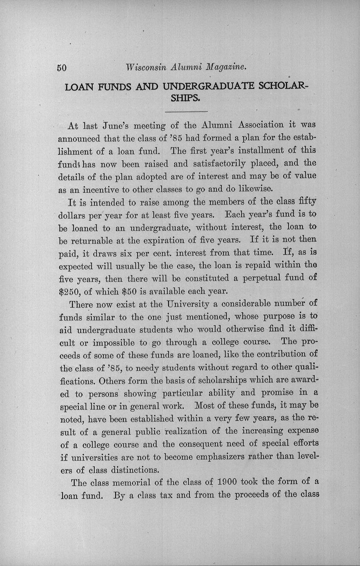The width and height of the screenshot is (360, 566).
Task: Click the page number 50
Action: coord(62,68)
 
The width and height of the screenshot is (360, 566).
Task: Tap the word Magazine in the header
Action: coord(226,67)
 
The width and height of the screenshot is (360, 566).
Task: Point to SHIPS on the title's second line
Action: coord(185,98)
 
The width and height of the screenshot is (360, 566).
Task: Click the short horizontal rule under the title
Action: coord(186,112)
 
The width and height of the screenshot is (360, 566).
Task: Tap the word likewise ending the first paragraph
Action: coord(253,189)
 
